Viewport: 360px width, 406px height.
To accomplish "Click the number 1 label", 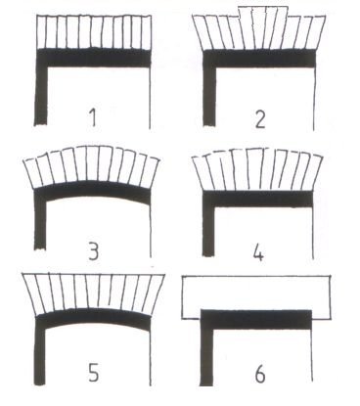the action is (x=93, y=117).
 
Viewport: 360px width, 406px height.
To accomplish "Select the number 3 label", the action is (x=93, y=251).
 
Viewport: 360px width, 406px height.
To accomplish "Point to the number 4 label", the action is (x=258, y=252).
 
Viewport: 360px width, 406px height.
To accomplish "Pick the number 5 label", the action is (x=93, y=372).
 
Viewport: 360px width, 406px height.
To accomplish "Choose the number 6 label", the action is (x=260, y=374).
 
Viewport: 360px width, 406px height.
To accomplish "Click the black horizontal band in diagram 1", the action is (x=93, y=58).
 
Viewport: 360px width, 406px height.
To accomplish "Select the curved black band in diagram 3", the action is (x=93, y=190).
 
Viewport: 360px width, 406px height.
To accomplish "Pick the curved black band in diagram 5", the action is (x=93, y=317).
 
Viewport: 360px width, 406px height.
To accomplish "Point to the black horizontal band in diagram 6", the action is (x=256, y=319).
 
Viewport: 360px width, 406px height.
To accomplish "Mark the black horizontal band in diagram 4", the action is (x=257, y=199).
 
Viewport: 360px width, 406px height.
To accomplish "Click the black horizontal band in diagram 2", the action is (x=259, y=59).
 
